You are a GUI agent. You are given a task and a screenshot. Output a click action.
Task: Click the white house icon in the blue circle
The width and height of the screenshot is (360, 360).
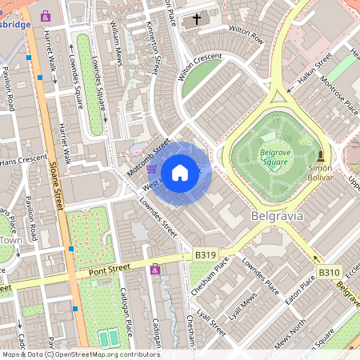click(x=180, y=173)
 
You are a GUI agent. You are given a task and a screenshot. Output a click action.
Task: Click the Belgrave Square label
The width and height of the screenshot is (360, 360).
click(x=274, y=158)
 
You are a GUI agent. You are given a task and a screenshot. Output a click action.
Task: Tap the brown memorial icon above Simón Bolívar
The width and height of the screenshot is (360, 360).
click(x=321, y=154)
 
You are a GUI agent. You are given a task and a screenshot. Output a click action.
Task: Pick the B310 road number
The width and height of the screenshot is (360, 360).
click(x=330, y=272)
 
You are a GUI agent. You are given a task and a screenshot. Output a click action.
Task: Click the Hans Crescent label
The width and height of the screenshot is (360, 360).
click(x=19, y=139)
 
